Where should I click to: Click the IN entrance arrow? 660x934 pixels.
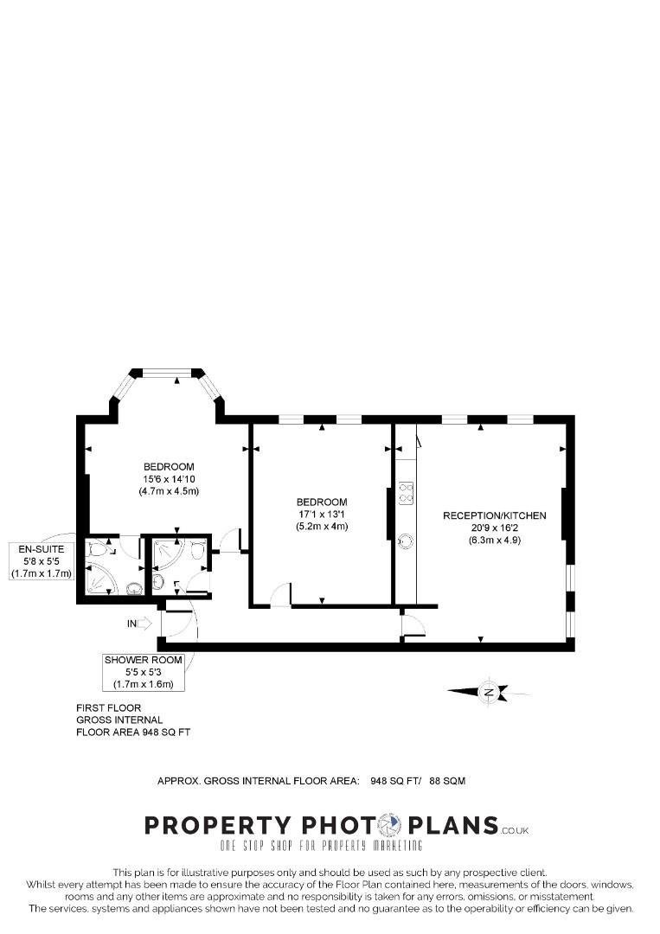pyautogui.click(x=145, y=624)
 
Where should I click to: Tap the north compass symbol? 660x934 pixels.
pyautogui.click(x=489, y=692)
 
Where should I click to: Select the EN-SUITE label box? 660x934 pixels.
pyautogui.click(x=42, y=561)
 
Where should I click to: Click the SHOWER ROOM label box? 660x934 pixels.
pyautogui.click(x=143, y=672)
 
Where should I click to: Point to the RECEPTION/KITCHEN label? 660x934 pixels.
pyautogui.click(x=495, y=515)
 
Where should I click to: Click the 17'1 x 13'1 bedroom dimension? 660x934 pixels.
pyautogui.click(x=322, y=514)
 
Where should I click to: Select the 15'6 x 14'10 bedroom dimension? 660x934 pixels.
pyautogui.click(x=169, y=479)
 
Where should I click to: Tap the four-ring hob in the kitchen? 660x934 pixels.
pyautogui.click(x=407, y=493)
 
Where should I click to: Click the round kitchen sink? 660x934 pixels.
pyautogui.click(x=406, y=541)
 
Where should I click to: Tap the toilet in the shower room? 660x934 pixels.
pyautogui.click(x=198, y=551)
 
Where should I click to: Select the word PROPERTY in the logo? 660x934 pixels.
pyautogui.click(x=218, y=826)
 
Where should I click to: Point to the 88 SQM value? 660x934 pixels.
pyautogui.click(x=447, y=780)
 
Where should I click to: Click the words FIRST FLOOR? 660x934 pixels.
pyautogui.click(x=108, y=707)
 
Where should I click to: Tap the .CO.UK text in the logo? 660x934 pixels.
pyautogui.click(x=515, y=829)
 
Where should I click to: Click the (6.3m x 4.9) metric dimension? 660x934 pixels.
pyautogui.click(x=495, y=541)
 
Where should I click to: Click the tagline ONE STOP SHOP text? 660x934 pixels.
pyautogui.click(x=321, y=845)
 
